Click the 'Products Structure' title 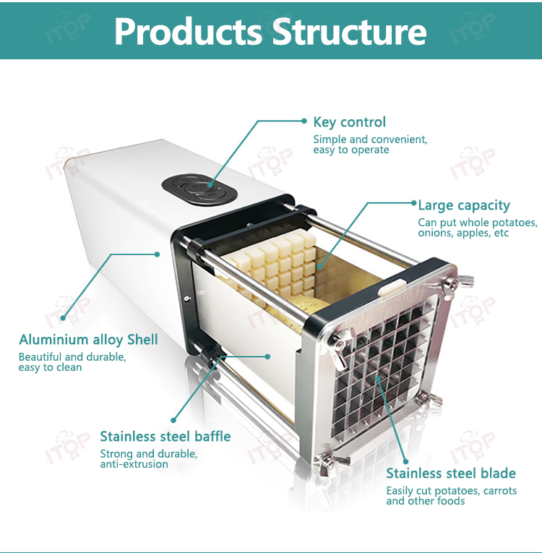[x=270, y=31]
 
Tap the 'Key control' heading [x=350, y=122]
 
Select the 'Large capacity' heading [x=464, y=205]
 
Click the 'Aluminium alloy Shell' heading [x=88, y=340]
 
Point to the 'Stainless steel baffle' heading [x=165, y=437]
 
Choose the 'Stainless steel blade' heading [x=451, y=473]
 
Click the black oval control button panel [x=199, y=189]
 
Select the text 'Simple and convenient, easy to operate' [x=370, y=145]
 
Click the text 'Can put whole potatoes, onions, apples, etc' [x=478, y=228]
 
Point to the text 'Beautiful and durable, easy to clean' [x=72, y=362]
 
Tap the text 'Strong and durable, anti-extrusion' [x=148, y=459]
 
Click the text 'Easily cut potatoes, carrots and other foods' [x=452, y=496]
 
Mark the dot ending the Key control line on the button [x=210, y=184]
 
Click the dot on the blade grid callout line [x=378, y=379]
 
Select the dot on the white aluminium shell [x=158, y=254]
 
